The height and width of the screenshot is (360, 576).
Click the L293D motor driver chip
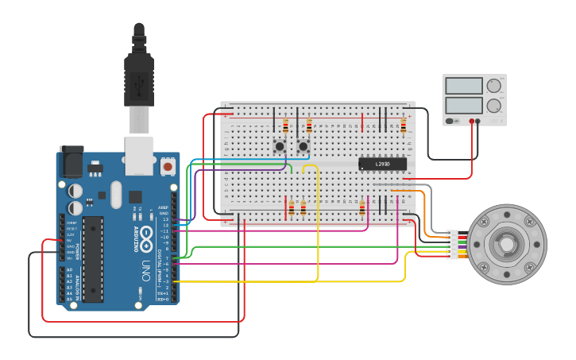(x=382, y=164)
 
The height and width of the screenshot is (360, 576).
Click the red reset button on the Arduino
(x=168, y=167)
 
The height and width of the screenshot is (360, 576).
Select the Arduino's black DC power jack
(x=72, y=162)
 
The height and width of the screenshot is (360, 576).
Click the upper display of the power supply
(x=464, y=86)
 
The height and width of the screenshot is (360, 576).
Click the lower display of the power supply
(x=464, y=106)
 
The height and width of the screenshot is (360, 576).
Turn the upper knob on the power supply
(x=494, y=85)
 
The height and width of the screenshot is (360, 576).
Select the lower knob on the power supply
(x=494, y=105)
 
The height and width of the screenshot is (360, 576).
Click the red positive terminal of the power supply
(x=472, y=122)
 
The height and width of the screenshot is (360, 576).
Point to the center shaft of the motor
(x=506, y=244)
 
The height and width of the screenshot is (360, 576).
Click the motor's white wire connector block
(x=452, y=244)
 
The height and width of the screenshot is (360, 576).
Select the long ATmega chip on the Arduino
(x=93, y=259)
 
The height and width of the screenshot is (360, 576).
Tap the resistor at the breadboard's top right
(x=403, y=126)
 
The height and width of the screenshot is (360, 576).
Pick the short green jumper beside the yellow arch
(x=290, y=168)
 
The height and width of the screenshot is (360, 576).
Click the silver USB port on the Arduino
(x=139, y=155)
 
